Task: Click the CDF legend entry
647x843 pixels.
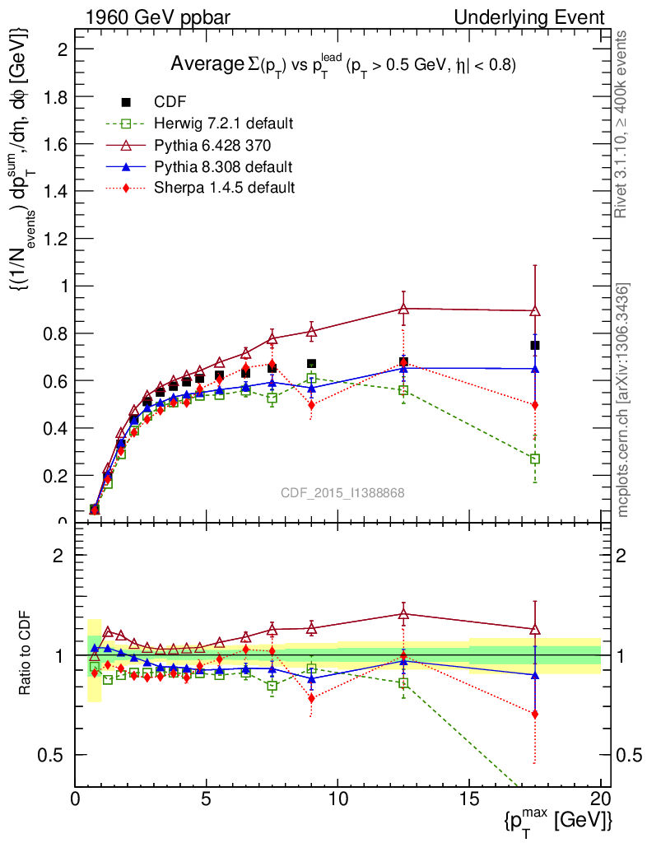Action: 165,102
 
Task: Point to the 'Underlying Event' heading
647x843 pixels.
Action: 534,17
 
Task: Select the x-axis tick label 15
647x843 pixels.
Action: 469,799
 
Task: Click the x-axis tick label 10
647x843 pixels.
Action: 337,799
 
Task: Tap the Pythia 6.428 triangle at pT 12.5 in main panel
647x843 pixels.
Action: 403,309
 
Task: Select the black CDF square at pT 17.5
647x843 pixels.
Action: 535,345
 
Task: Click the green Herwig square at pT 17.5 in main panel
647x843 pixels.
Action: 535,459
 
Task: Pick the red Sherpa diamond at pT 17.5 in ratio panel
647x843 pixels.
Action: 535,714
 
